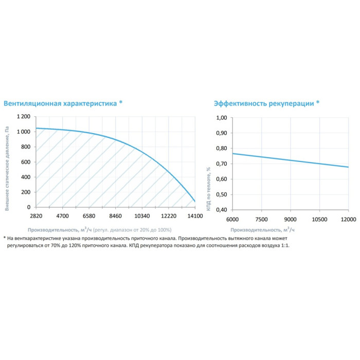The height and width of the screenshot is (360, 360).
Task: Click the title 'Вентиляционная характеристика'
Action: point(60,103)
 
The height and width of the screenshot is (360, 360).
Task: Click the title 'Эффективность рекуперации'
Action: point(263,103)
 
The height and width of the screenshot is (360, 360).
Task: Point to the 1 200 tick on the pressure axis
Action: point(23,117)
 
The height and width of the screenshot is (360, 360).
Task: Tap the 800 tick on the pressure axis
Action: point(26,147)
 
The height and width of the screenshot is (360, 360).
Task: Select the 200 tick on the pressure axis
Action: point(26,192)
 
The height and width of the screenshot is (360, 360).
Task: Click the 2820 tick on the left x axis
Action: point(35,216)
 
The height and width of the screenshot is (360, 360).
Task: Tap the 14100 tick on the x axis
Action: point(194,216)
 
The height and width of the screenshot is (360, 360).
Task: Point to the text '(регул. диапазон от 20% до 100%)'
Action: point(133,229)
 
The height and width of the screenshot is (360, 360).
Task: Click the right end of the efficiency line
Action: point(348,167)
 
